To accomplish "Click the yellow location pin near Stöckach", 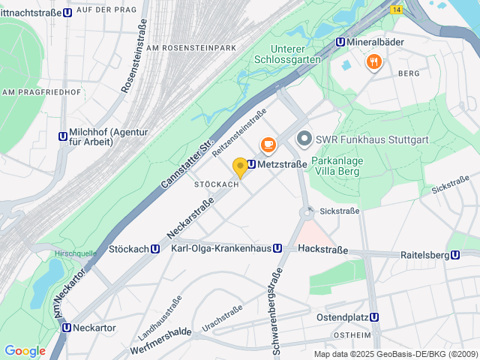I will click(x=240, y=167).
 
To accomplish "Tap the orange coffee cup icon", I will click(x=267, y=144).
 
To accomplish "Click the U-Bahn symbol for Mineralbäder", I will click(x=340, y=43).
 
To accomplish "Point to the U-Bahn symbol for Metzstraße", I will click(x=252, y=164).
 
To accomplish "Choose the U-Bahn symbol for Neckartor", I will click(x=67, y=328).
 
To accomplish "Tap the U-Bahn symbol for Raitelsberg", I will click(x=455, y=255).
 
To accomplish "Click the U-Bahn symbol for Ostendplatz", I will click(x=374, y=317).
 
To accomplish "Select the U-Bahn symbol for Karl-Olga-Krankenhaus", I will click(x=277, y=248).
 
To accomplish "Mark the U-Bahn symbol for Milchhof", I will click(x=62, y=136).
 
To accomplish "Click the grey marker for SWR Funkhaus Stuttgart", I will click(x=304, y=139).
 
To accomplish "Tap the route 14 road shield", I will click(x=396, y=9).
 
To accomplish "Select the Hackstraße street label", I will click(x=322, y=248).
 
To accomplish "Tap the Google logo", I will click(x=25, y=351).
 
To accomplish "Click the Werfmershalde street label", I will click(x=150, y=331).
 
